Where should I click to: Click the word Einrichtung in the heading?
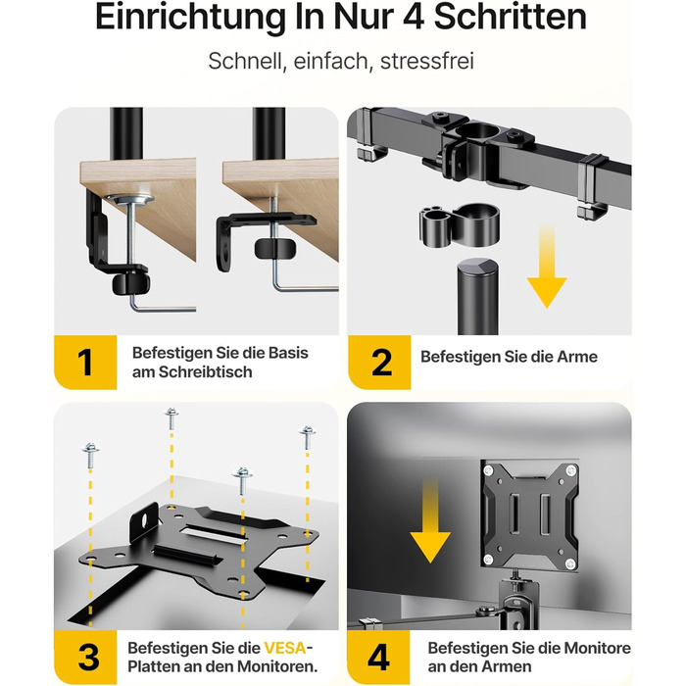click(189, 18)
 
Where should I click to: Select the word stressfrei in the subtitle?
click(427, 61)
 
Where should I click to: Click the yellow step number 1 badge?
click(85, 363)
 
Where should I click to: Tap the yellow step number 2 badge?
click(379, 363)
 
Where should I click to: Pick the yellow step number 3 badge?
click(85, 658)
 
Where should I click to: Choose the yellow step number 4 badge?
click(378, 658)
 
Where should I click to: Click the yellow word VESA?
click(285, 648)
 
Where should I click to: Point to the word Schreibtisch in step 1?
click(205, 372)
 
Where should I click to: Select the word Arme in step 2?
click(576, 357)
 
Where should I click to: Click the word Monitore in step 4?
click(597, 648)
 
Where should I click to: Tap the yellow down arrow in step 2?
click(547, 266)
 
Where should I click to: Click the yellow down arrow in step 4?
click(430, 520)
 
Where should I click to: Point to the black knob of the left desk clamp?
click(130, 283)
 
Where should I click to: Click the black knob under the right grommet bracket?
click(274, 249)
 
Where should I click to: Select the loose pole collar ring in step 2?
click(460, 226)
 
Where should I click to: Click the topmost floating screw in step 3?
click(171, 418)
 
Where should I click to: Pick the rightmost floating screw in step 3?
click(307, 437)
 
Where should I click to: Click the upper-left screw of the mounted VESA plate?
click(488, 470)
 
